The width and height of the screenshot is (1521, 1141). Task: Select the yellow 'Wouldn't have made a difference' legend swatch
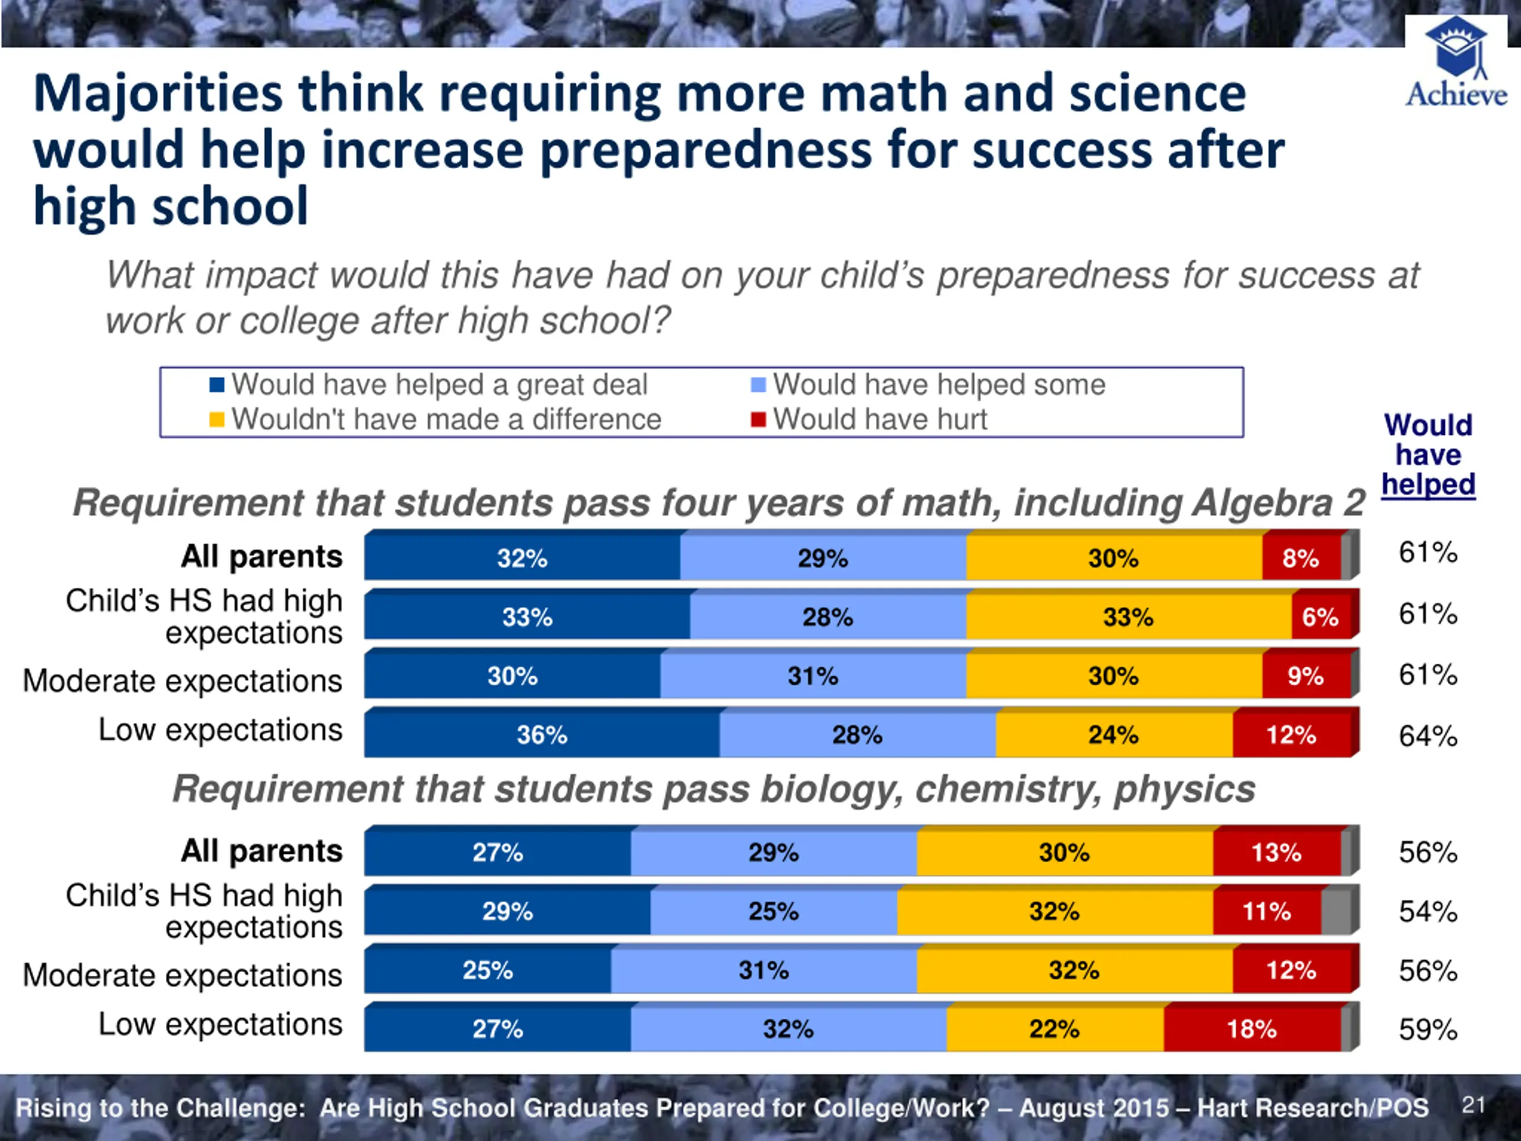coord(217,420)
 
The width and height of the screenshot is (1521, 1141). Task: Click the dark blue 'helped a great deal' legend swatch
coord(217,384)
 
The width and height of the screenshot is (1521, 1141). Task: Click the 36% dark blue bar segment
coord(542,735)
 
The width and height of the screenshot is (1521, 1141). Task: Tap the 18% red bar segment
coord(1252,1029)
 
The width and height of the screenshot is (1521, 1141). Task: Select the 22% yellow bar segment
coord(1055,1029)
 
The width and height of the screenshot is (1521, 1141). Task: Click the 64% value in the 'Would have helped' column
coord(1428,736)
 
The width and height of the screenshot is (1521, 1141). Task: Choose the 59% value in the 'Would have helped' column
coord(1428,1030)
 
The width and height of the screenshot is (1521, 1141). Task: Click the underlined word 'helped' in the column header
coord(1428,484)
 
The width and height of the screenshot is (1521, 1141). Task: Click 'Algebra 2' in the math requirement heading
coord(1277,503)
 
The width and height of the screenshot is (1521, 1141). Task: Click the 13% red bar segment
coord(1277,853)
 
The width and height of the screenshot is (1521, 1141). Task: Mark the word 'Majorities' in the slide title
coord(158,94)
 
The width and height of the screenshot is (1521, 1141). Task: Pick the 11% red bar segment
coord(1267,911)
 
